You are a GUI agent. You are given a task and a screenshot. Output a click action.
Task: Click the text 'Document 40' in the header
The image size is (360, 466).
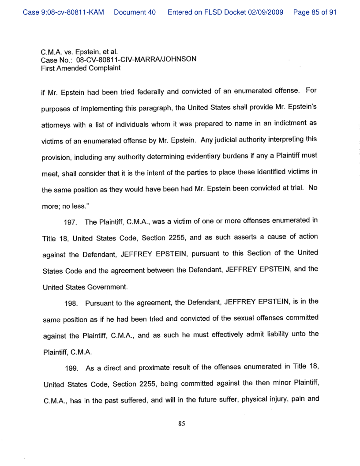(x=135, y=12)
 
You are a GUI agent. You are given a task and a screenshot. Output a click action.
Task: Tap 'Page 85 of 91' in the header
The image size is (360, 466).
(x=315, y=12)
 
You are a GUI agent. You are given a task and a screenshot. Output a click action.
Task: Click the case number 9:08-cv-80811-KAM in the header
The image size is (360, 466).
(x=64, y=12)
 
